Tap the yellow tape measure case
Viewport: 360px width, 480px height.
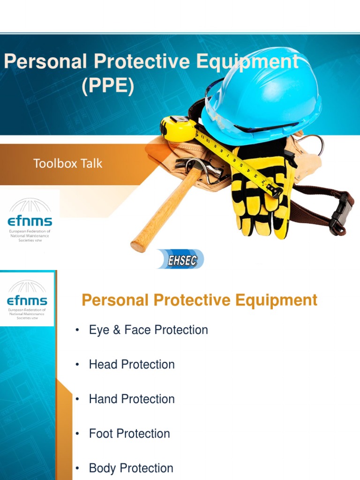[x=177, y=128]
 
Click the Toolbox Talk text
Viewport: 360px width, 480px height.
[x=67, y=164]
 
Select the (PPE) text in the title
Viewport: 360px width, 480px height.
[x=108, y=86]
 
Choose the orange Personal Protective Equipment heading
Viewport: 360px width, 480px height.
[x=199, y=300]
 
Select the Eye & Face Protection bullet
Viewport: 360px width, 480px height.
[x=148, y=330]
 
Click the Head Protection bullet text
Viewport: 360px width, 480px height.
[x=132, y=365]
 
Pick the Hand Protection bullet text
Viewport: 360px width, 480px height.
[x=132, y=399]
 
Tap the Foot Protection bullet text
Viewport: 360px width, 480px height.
[x=129, y=434]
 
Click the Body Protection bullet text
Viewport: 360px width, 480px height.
[x=131, y=468]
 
